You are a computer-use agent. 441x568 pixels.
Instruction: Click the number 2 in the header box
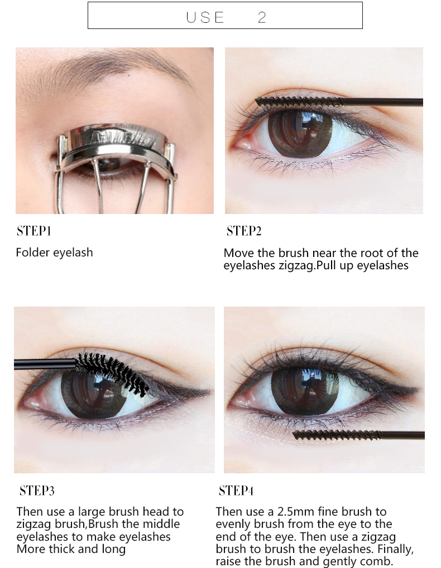262,17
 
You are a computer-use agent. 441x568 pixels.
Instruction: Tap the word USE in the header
205,17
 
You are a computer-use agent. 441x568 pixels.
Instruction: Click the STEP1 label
33,231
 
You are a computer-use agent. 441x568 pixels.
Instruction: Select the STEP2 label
244,231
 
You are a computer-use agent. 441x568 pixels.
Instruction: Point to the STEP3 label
37,491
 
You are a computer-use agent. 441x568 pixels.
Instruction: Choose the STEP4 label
236,491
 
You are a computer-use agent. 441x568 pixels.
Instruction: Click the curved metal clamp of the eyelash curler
116,139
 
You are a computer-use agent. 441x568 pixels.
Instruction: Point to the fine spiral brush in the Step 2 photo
300,102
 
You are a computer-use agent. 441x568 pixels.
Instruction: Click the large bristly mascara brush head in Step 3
112,371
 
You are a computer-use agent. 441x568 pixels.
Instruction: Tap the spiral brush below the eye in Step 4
337,435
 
